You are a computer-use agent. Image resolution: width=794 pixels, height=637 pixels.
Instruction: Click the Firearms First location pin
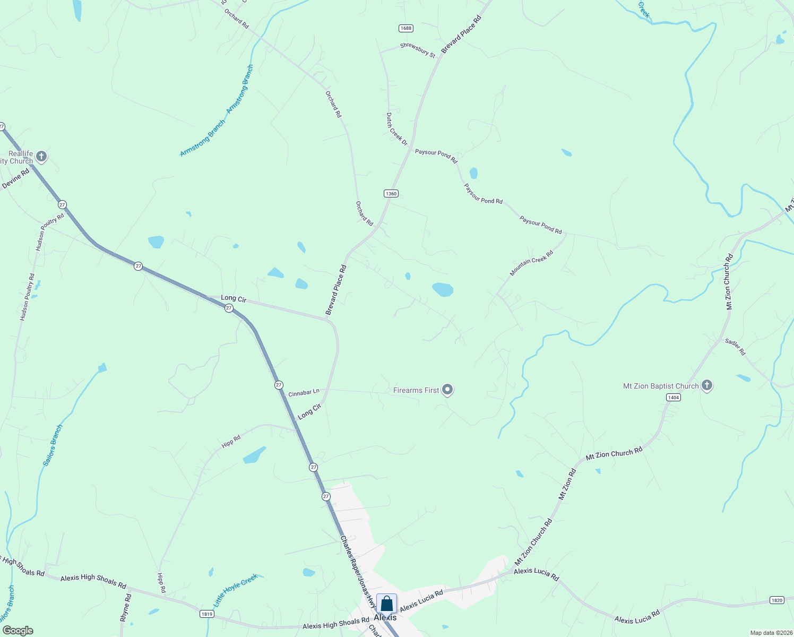pos(447,390)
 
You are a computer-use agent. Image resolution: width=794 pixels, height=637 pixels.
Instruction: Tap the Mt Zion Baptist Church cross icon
pos(706,385)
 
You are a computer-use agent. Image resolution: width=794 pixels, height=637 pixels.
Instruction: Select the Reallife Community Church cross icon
pos(41,157)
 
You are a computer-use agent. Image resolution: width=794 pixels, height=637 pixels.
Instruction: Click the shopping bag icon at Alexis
pos(386,604)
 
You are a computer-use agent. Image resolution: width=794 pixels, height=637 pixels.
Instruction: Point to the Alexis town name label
pos(385,617)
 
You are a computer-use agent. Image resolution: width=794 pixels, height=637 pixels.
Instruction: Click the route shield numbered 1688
pos(406,28)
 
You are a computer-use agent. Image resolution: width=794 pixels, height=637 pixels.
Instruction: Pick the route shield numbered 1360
pos(391,194)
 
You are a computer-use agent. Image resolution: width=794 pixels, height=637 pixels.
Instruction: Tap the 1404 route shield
pos(674,398)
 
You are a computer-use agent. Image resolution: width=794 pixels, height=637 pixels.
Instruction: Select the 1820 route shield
pos(776,600)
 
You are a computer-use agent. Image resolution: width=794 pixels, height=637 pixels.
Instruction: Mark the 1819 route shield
pos(207,614)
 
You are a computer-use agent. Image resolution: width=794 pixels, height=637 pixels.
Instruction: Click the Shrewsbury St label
pos(418,50)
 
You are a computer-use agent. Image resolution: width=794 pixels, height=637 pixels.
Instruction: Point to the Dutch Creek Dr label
pos(396,129)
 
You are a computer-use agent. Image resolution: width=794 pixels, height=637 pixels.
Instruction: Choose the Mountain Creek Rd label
pos(531,263)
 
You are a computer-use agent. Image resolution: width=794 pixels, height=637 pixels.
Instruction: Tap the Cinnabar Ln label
pos(304,393)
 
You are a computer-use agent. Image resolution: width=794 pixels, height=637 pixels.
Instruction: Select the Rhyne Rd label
pos(125,608)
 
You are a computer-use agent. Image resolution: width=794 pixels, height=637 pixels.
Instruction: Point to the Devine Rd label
pos(15,178)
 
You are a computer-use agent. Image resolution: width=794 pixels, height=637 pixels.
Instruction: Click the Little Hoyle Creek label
pos(235,590)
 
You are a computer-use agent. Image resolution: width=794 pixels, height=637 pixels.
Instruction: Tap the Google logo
pos(18,631)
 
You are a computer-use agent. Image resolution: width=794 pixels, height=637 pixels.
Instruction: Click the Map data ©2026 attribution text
pos(770,633)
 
